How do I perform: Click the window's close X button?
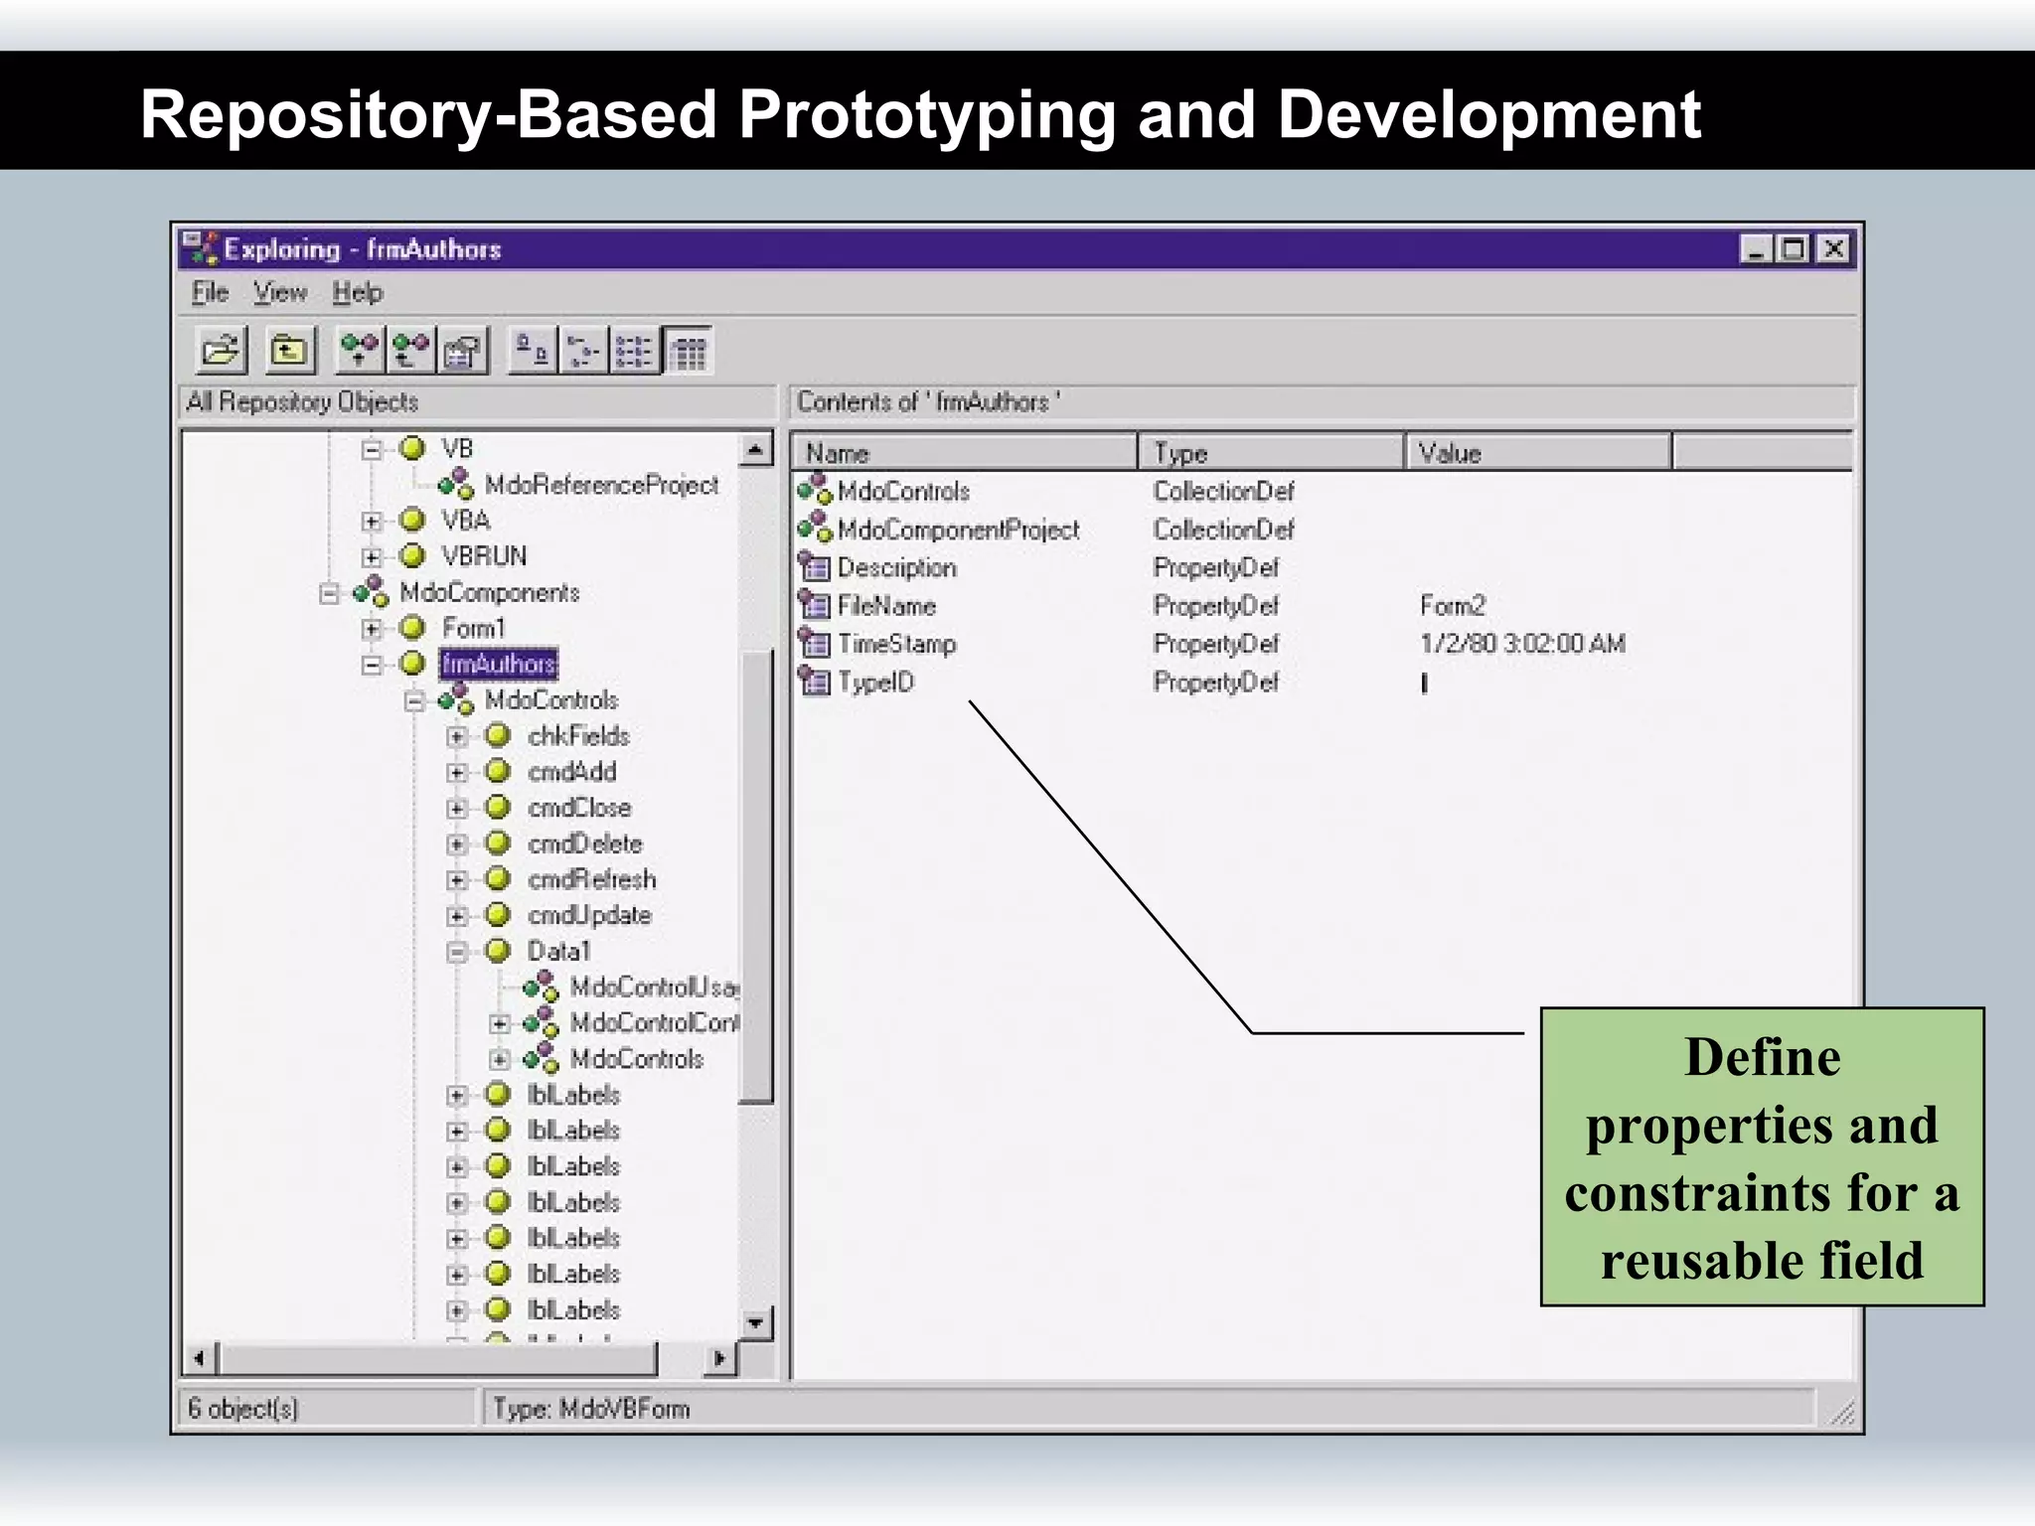click(x=1833, y=248)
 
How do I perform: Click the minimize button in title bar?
click(x=1756, y=248)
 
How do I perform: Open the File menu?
click(x=210, y=293)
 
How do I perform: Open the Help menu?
click(x=357, y=293)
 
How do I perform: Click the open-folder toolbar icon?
click(x=221, y=351)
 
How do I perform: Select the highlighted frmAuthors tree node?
click(x=498, y=664)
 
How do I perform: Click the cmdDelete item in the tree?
click(x=584, y=843)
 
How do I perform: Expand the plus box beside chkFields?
click(x=457, y=736)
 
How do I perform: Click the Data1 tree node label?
click(x=558, y=951)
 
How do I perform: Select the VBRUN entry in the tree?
click(x=484, y=556)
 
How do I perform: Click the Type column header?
click(x=1180, y=453)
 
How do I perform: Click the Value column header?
click(x=1449, y=453)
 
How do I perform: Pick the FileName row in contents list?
click(x=885, y=606)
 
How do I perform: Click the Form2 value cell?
click(x=1452, y=606)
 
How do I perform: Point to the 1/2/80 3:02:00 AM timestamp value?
click(x=1522, y=644)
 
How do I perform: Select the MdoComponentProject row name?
click(x=958, y=530)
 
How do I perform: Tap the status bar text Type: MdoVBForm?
click(x=591, y=1409)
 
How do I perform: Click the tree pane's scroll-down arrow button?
click(x=756, y=1322)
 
